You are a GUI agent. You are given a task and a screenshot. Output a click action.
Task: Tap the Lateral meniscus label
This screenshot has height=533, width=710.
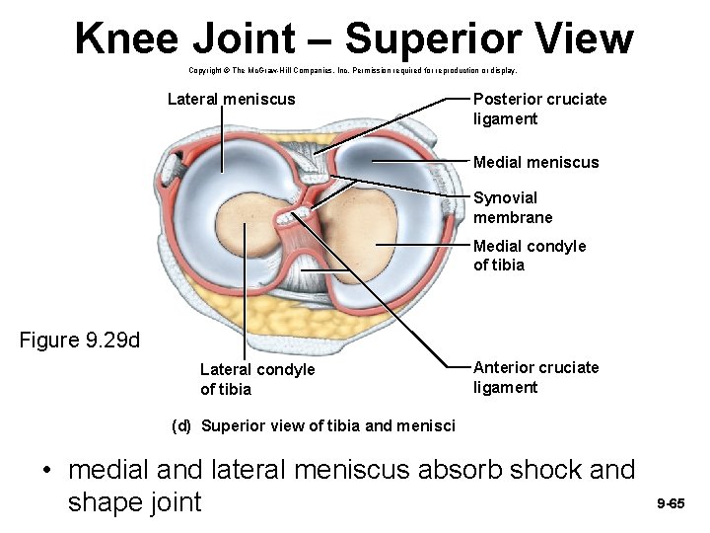tap(231, 99)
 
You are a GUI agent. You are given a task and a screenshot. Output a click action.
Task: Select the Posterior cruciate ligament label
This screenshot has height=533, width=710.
tap(539, 109)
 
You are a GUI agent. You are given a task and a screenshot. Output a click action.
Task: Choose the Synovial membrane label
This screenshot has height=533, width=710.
tap(513, 207)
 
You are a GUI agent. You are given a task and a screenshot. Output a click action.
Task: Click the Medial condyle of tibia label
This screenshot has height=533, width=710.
tap(529, 255)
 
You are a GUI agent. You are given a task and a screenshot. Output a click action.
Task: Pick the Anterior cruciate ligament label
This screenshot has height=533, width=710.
tap(535, 377)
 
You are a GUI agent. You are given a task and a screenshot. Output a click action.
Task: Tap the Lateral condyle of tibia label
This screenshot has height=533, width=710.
tap(256, 379)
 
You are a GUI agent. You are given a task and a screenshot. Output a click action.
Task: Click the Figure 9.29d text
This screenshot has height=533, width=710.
tap(80, 341)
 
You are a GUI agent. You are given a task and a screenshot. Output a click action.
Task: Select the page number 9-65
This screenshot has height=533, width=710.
tap(671, 504)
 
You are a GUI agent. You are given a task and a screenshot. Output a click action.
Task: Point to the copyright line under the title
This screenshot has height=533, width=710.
tap(352, 71)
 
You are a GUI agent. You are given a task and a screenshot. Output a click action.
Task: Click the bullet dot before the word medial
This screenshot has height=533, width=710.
tap(47, 471)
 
